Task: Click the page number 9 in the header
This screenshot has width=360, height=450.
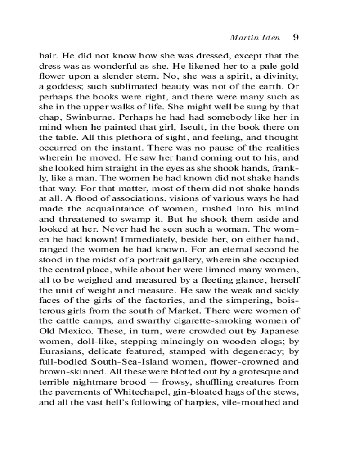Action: (296, 37)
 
